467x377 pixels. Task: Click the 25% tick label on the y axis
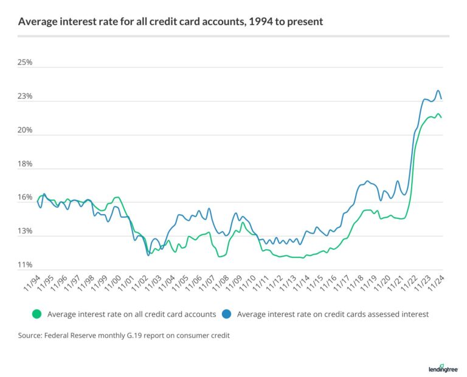coord(26,63)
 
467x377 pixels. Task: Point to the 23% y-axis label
coord(26,97)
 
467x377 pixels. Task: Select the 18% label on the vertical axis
coord(26,164)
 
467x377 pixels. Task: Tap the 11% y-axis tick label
coord(26,265)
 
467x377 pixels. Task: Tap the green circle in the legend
coord(36,314)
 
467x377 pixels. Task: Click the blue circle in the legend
coord(226,314)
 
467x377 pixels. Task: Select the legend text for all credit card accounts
coord(131,314)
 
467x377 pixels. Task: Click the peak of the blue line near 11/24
coord(438,91)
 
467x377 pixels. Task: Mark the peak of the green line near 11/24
coord(438,114)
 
